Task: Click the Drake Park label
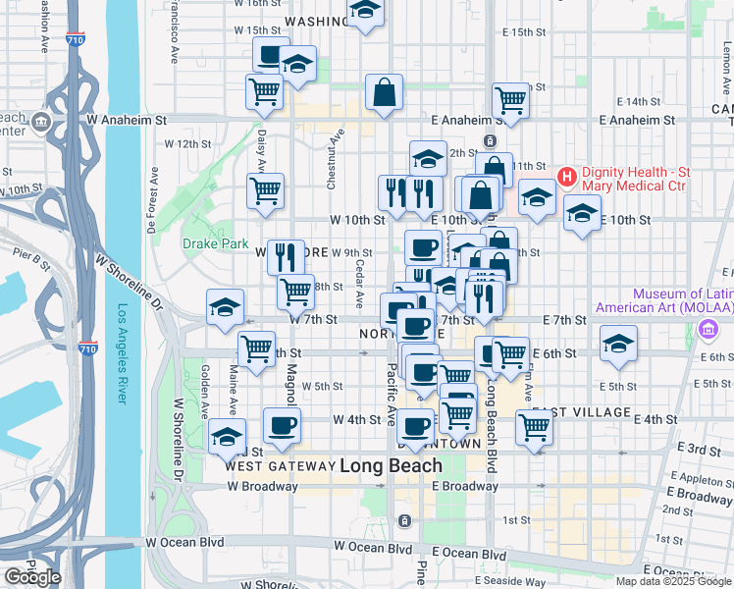[207, 242]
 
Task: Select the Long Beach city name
[391, 465]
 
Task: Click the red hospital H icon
[566, 177]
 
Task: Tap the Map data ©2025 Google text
[673, 581]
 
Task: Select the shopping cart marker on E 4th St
[534, 426]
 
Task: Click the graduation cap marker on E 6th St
[618, 344]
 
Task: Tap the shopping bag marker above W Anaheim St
[385, 93]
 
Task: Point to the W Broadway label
[261, 486]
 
